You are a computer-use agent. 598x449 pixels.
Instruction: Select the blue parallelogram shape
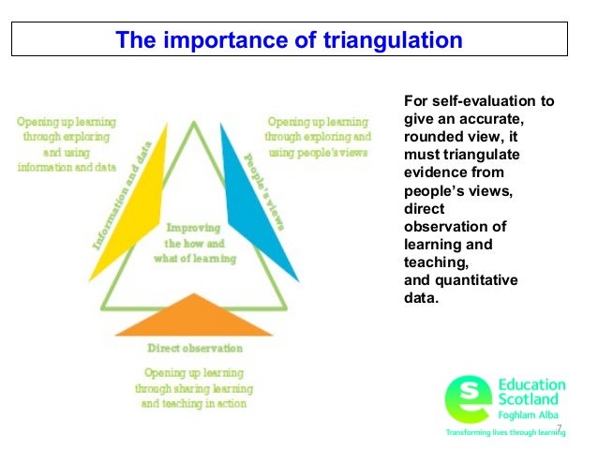pyautogui.click(x=259, y=201)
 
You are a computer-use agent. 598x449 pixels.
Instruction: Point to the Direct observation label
pyautogui.click(x=195, y=348)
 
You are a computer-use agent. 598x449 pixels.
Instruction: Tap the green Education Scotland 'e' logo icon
pyautogui.click(x=465, y=397)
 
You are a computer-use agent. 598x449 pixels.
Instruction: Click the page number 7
pyautogui.click(x=559, y=428)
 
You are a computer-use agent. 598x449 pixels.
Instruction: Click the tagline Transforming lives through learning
pyautogui.click(x=503, y=434)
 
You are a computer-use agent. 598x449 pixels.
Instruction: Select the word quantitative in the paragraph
pyautogui.click(x=482, y=280)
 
